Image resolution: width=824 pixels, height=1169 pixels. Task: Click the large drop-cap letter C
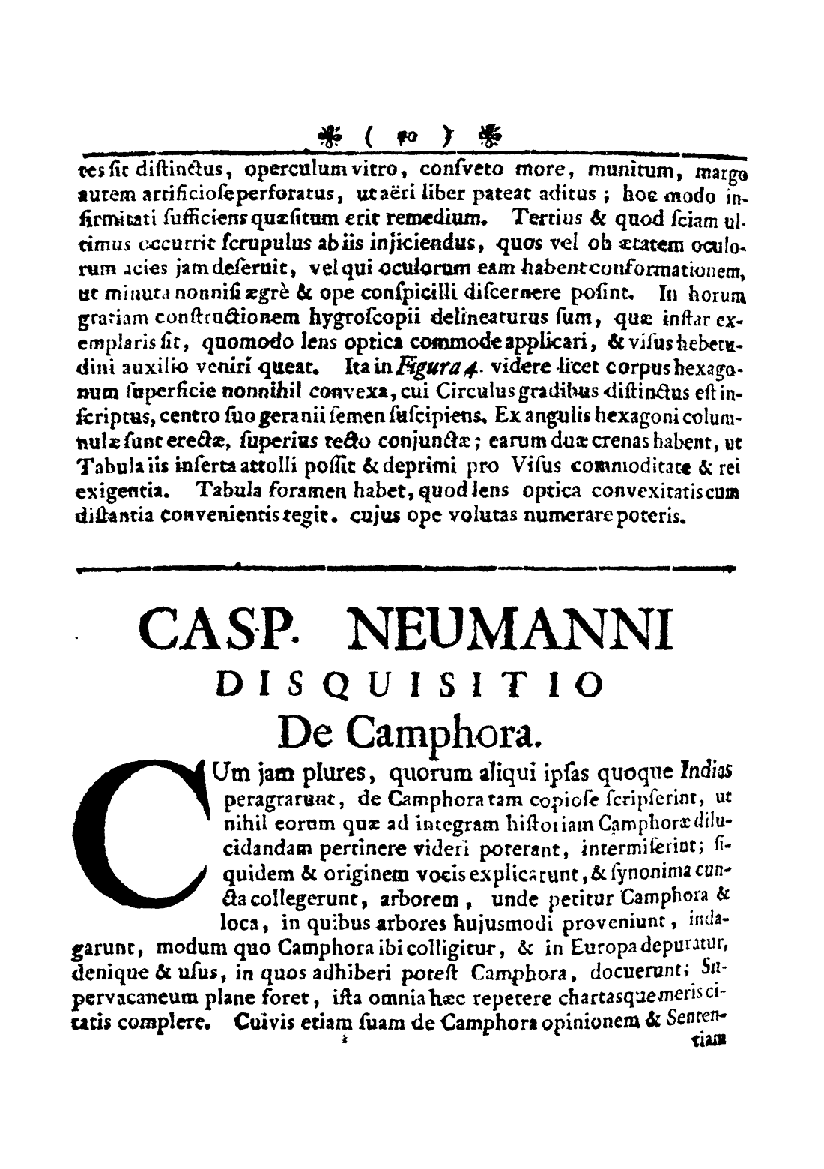point(145,837)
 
